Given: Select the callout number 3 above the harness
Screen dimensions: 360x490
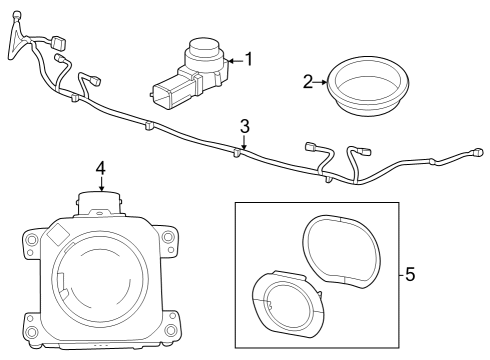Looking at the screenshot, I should click(x=243, y=126).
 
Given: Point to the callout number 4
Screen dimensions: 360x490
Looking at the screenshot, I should click(x=100, y=169).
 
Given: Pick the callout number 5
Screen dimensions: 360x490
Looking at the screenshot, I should click(x=410, y=273).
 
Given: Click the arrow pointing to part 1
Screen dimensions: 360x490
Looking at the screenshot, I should click(x=233, y=60).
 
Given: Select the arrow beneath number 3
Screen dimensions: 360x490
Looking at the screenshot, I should click(x=243, y=142).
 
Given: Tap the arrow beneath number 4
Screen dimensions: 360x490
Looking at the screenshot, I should click(x=100, y=185).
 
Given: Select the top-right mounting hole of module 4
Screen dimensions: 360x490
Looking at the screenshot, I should click(x=169, y=238).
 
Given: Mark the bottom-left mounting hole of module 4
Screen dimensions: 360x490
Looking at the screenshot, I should click(x=32, y=330).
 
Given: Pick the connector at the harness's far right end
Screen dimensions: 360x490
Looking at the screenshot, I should click(x=472, y=154).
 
